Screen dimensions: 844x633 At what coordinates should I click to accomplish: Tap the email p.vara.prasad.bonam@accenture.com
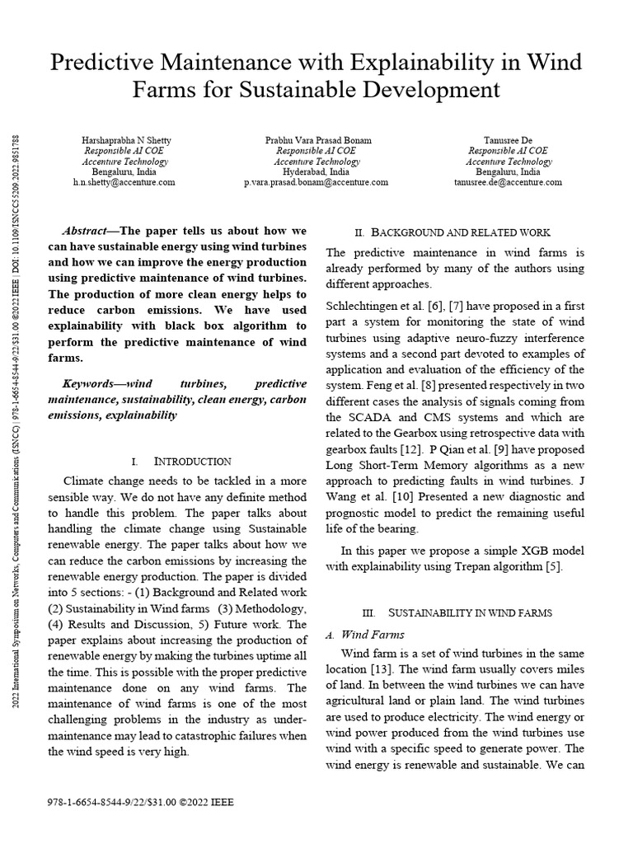point(316,182)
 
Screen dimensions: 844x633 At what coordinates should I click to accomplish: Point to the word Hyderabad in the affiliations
point(303,171)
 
